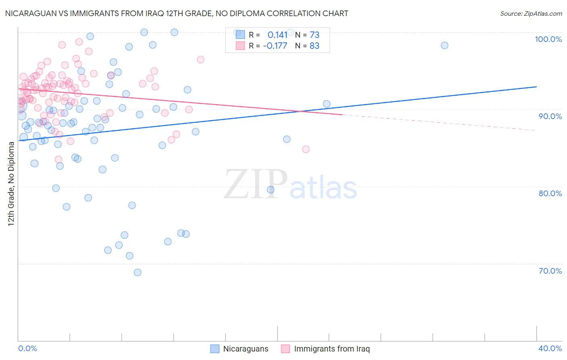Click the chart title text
click(x=177, y=13)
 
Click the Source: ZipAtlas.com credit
click(x=531, y=13)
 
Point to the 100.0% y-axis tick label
click(x=548, y=39)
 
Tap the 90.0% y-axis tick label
click(x=550, y=116)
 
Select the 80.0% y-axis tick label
click(x=550, y=193)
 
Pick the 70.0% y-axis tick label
click(x=550, y=271)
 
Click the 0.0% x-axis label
click(x=27, y=348)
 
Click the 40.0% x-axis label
click(x=550, y=348)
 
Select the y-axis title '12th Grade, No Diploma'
click(x=11, y=184)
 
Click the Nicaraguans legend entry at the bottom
click(x=240, y=349)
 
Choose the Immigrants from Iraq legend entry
click(x=325, y=349)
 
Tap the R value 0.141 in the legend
click(x=277, y=35)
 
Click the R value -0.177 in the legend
click(x=275, y=46)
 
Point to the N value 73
click(x=314, y=35)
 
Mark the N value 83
click(x=314, y=46)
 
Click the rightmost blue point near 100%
click(x=444, y=45)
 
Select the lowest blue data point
click(x=138, y=272)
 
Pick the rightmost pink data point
click(x=306, y=149)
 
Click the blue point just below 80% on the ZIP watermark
click(x=271, y=190)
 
